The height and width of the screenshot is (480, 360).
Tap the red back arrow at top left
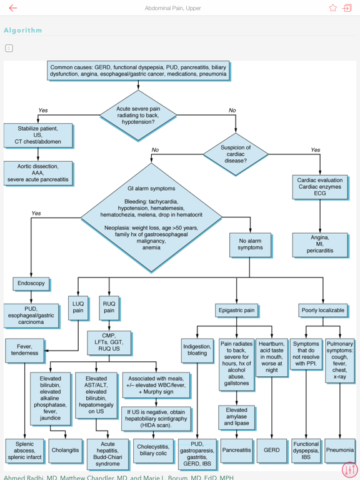pos(13,8)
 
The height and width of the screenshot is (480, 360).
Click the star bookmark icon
pos(332,8)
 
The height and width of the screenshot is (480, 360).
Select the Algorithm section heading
pos(23,30)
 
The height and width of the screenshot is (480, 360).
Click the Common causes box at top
pos(138,71)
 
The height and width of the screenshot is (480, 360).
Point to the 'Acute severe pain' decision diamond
pos(138,115)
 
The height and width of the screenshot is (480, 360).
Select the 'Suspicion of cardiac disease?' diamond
pos(236,154)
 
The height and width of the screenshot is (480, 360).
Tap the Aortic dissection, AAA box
pos(38,173)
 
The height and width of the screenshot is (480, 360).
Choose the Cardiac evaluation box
pos(320,187)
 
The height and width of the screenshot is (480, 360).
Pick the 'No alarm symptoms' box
pos(250,243)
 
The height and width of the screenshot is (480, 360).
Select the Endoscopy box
pos(31,283)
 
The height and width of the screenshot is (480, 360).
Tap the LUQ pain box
pos(78,307)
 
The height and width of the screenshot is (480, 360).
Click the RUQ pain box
pos(109,307)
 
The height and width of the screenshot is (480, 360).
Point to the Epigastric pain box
pos(236,310)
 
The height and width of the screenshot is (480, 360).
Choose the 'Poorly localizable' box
pos(323,310)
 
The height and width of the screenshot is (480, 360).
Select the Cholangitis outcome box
pos(65,449)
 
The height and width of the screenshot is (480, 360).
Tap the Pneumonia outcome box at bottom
pos(339,449)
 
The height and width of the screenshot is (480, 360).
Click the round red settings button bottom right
pos(349,469)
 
